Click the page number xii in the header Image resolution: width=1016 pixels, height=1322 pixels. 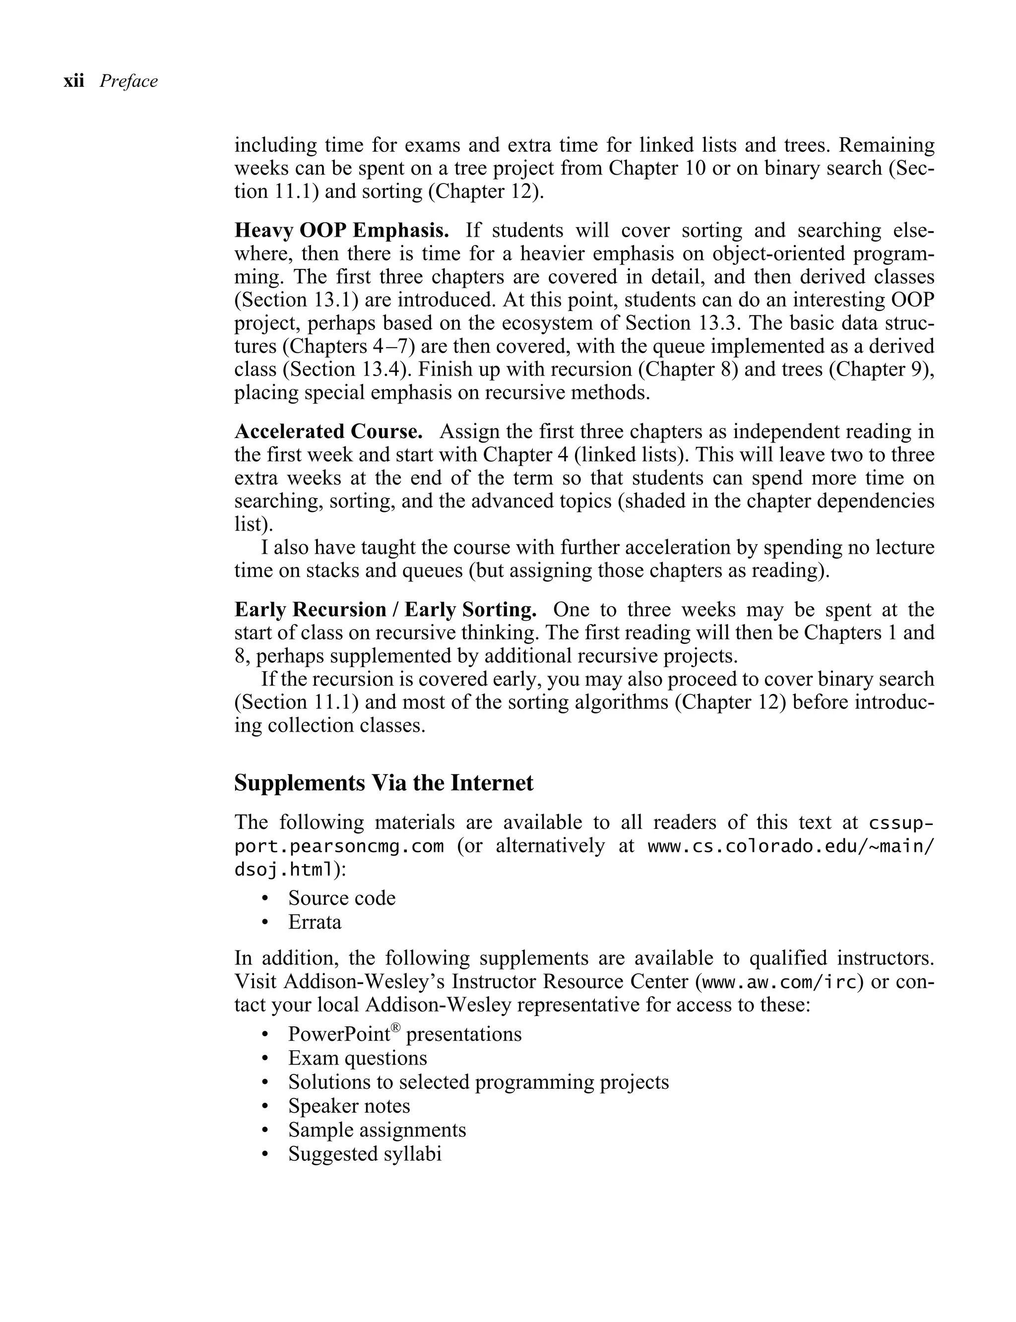click(x=73, y=81)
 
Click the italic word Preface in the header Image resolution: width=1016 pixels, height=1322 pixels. click(x=128, y=81)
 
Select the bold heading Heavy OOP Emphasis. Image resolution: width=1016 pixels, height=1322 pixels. click(x=341, y=230)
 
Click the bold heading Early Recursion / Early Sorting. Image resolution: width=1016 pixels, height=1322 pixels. click(x=385, y=610)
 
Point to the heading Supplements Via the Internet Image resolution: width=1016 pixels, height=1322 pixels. click(x=383, y=783)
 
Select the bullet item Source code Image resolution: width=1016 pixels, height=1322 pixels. click(x=341, y=898)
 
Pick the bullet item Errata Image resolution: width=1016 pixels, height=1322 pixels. click(x=315, y=922)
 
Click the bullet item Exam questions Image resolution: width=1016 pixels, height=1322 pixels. click(x=357, y=1058)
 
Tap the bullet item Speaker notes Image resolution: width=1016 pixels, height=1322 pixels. click(x=348, y=1106)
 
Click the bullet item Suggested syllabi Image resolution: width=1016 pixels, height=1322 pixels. click(x=364, y=1154)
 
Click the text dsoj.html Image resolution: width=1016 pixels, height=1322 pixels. click(x=284, y=870)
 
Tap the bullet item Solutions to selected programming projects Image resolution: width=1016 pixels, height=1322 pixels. click(x=478, y=1082)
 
